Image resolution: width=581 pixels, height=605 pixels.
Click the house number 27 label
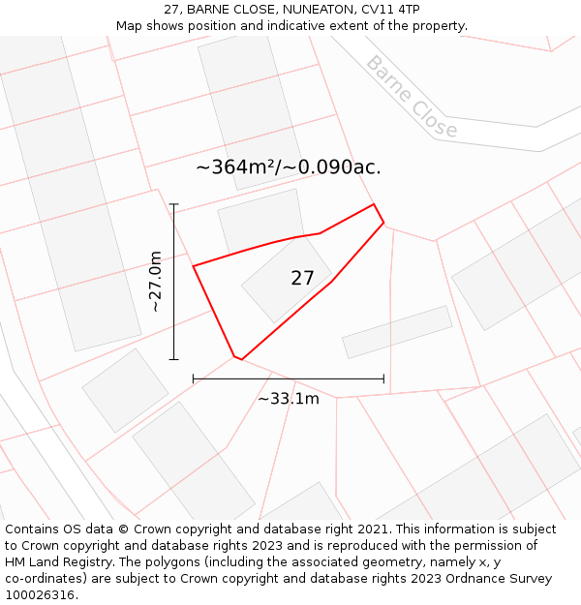(302, 279)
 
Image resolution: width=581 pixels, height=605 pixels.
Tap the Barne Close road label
(412, 97)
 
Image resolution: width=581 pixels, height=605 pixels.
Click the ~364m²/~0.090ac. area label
(289, 167)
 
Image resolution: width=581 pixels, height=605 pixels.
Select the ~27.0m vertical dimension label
(155, 281)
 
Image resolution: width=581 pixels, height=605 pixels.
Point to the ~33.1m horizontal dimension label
(289, 398)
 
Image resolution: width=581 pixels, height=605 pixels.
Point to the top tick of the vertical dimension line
(174, 204)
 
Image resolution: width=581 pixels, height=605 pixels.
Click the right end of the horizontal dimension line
(383, 378)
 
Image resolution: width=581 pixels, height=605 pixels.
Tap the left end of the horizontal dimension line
(194, 378)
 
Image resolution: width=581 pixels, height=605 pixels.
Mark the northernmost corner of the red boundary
(374, 204)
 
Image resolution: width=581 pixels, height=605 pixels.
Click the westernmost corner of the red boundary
(194, 266)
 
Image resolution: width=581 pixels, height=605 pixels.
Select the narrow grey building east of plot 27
(397, 332)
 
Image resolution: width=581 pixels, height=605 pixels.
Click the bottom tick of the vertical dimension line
(174, 359)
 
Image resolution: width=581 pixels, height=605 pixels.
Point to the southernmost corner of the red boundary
(241, 360)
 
